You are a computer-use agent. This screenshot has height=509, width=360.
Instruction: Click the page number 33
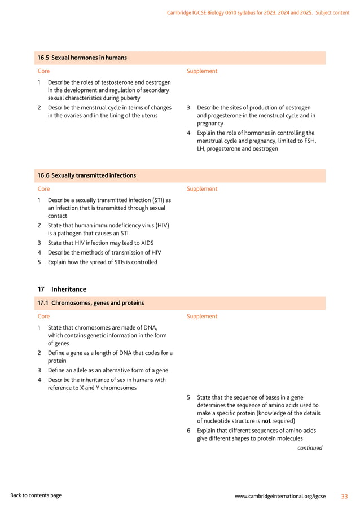pyautogui.click(x=344, y=496)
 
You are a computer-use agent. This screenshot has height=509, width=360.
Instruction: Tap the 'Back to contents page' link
pyautogui.click(x=36, y=495)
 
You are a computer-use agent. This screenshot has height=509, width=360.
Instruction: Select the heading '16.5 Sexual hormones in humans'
pyautogui.click(x=82, y=58)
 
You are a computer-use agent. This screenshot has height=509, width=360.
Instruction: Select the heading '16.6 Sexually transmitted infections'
pyautogui.click(x=86, y=175)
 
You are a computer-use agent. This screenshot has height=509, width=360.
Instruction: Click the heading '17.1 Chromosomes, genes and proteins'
pyautogui.click(x=90, y=303)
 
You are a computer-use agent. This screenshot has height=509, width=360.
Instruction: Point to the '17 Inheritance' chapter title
pyautogui.click(x=62, y=289)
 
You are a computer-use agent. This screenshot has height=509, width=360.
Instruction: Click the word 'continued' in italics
pyautogui.click(x=310, y=448)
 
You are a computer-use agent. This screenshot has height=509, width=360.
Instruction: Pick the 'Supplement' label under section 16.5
pyautogui.click(x=201, y=71)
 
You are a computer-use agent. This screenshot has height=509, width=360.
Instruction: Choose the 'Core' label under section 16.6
pyautogui.click(x=43, y=189)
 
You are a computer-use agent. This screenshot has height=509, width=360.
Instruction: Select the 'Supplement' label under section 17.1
pyautogui.click(x=201, y=317)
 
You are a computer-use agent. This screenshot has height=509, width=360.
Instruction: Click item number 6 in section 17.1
pyautogui.click(x=188, y=430)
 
